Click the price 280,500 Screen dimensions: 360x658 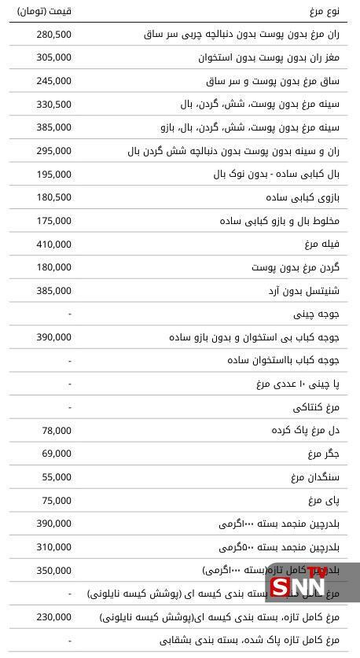tap(53, 35)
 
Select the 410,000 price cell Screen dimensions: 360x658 tap(53, 244)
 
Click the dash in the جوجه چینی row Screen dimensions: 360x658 tap(70, 314)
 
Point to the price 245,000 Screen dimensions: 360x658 tap(53, 81)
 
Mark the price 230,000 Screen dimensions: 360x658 tap(53, 618)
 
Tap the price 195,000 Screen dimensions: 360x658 tap(53, 175)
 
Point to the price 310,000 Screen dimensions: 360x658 tap(53, 547)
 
